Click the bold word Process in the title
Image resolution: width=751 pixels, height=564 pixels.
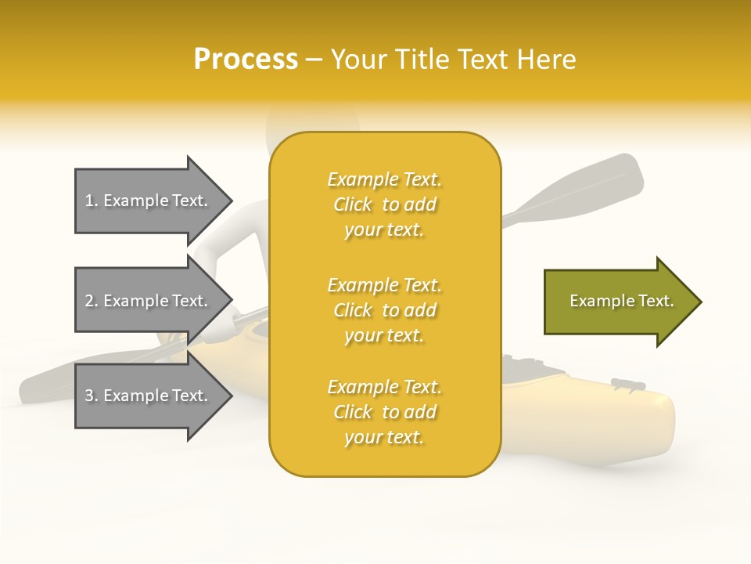click(x=246, y=60)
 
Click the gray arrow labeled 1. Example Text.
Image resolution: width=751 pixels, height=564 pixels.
click(x=149, y=201)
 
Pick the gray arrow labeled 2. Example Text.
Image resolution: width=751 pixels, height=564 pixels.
click(x=149, y=301)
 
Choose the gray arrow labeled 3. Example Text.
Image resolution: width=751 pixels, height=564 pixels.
click(x=149, y=396)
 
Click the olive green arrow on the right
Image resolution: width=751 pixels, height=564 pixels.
click(x=618, y=301)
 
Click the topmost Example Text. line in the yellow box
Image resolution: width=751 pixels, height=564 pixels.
click(x=384, y=179)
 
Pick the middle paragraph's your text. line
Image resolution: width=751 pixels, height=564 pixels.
click(x=384, y=335)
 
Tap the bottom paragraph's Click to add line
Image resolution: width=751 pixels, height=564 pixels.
click(x=384, y=412)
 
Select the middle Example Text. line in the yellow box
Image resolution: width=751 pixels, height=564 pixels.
click(x=384, y=285)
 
